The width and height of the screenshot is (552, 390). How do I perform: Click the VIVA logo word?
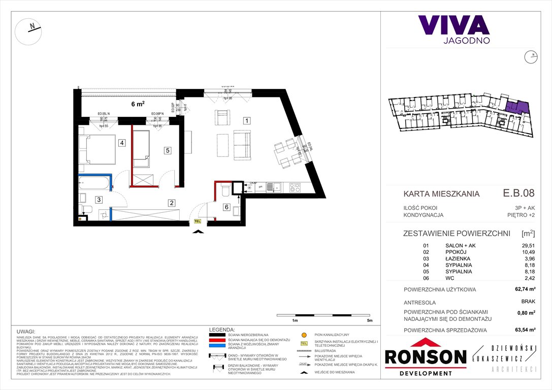[x=453, y=25]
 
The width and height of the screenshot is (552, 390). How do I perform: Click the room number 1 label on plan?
[x=246, y=121]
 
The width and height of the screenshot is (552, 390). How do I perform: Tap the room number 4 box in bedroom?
[x=122, y=143]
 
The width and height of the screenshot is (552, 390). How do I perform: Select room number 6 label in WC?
[x=226, y=206]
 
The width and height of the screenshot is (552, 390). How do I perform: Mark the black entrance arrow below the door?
[x=198, y=232]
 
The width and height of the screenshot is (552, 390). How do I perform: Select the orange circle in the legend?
[x=304, y=335]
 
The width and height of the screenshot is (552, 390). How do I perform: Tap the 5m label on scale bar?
[x=369, y=321]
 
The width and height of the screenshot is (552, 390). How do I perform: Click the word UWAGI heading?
[x=25, y=330]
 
